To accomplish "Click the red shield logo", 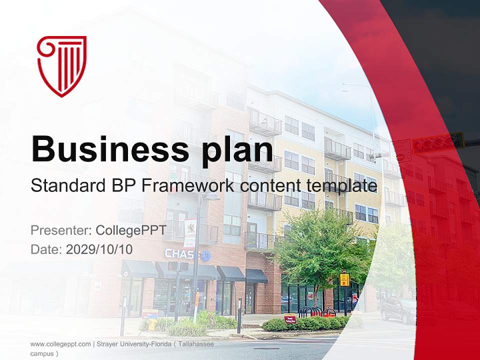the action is pyautogui.click(x=61, y=66).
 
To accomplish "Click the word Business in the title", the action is pyautogui.click(x=110, y=149).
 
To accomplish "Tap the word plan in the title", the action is pyautogui.click(x=237, y=151).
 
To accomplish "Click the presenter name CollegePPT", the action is pyautogui.click(x=131, y=230).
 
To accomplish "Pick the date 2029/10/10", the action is pyautogui.click(x=99, y=249).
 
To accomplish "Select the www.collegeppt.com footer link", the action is pyautogui.click(x=60, y=344).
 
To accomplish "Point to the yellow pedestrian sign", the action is pyautogui.click(x=344, y=280).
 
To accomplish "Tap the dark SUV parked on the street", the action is pyautogui.click(x=398, y=310).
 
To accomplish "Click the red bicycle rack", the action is pyautogui.click(x=317, y=311).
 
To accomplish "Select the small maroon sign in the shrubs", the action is pyautogui.click(x=290, y=319).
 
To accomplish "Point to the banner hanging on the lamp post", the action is pyautogui.click(x=190, y=232).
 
